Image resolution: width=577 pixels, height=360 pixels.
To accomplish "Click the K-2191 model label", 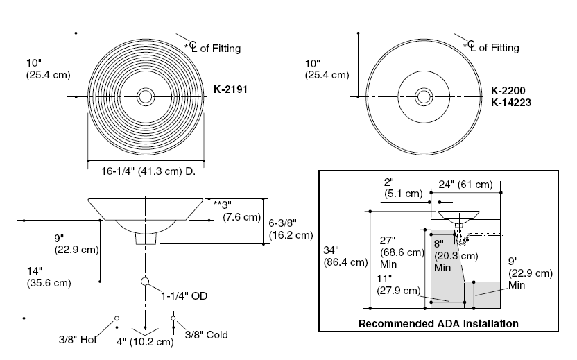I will pyautogui.click(x=232, y=89).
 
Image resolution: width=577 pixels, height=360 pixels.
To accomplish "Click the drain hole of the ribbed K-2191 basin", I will pyautogui.click(x=146, y=96).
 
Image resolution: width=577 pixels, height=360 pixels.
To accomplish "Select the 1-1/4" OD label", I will pyautogui.click(x=184, y=296).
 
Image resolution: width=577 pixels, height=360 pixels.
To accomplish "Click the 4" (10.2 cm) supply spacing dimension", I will pyautogui.click(x=146, y=342).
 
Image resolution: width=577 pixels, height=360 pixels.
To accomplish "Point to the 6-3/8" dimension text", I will pyautogui.click(x=290, y=228).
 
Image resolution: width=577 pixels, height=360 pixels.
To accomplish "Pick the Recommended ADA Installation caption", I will pyautogui.click(x=438, y=323).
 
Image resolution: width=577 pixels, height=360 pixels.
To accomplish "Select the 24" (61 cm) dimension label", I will pyautogui.click(x=465, y=185).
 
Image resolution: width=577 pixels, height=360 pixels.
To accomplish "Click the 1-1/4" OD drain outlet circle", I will pyautogui.click(x=145, y=281).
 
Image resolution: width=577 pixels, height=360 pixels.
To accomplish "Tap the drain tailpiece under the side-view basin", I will pyautogui.click(x=146, y=239).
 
